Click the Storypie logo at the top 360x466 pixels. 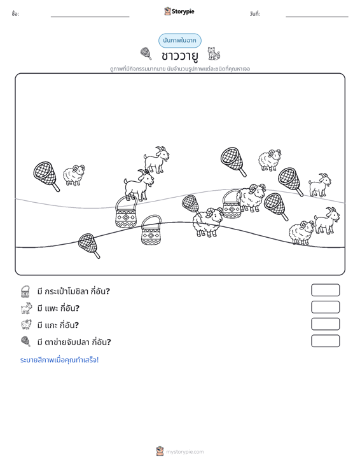[179, 11]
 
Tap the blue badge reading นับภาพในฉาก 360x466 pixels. [179, 41]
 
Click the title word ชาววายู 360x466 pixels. [180, 56]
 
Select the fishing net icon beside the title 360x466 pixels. [146, 53]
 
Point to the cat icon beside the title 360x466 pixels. [214, 53]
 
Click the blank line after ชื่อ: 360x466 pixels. [90, 17]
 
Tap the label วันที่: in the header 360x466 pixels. [255, 14]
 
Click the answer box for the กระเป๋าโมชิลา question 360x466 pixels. [325, 290]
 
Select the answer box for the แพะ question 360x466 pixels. [325, 307]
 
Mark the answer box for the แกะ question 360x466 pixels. [325, 324]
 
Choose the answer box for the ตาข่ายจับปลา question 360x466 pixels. [325, 341]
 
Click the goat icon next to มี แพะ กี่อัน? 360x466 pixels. [26, 308]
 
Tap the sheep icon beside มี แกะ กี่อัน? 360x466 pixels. [26, 324]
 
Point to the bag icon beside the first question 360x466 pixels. [25, 292]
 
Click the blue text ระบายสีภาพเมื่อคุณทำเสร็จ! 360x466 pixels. [59, 360]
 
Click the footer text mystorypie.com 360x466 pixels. [184, 452]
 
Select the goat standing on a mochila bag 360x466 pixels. [139, 185]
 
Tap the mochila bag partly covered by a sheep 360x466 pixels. [232, 204]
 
